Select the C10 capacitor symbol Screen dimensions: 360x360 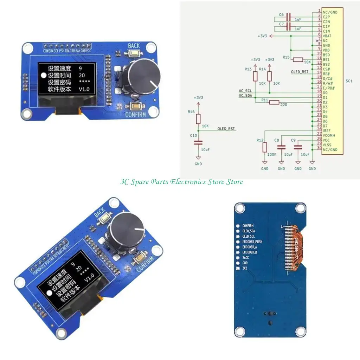pyautogui.click(x=198, y=142)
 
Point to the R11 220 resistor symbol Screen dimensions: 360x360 pyautogui.click(x=275, y=102)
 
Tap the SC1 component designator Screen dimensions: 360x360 pyautogui.click(x=349, y=81)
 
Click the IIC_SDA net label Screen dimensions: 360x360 pyautogui.click(x=245, y=95)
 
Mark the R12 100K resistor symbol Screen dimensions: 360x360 pyautogui.click(x=265, y=147)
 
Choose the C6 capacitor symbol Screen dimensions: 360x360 pyautogui.click(x=289, y=17)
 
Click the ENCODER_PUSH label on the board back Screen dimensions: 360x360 pyautogui.click(x=252, y=242)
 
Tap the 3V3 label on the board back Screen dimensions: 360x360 pyautogui.click(x=245, y=268)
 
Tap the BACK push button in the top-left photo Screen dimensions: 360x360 pyautogui.click(x=134, y=53)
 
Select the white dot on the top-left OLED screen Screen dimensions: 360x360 pyautogui.click(x=44, y=75)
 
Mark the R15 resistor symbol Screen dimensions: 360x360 pyautogui.click(x=298, y=59)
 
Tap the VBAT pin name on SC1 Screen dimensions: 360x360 pyautogui.click(x=327, y=35)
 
